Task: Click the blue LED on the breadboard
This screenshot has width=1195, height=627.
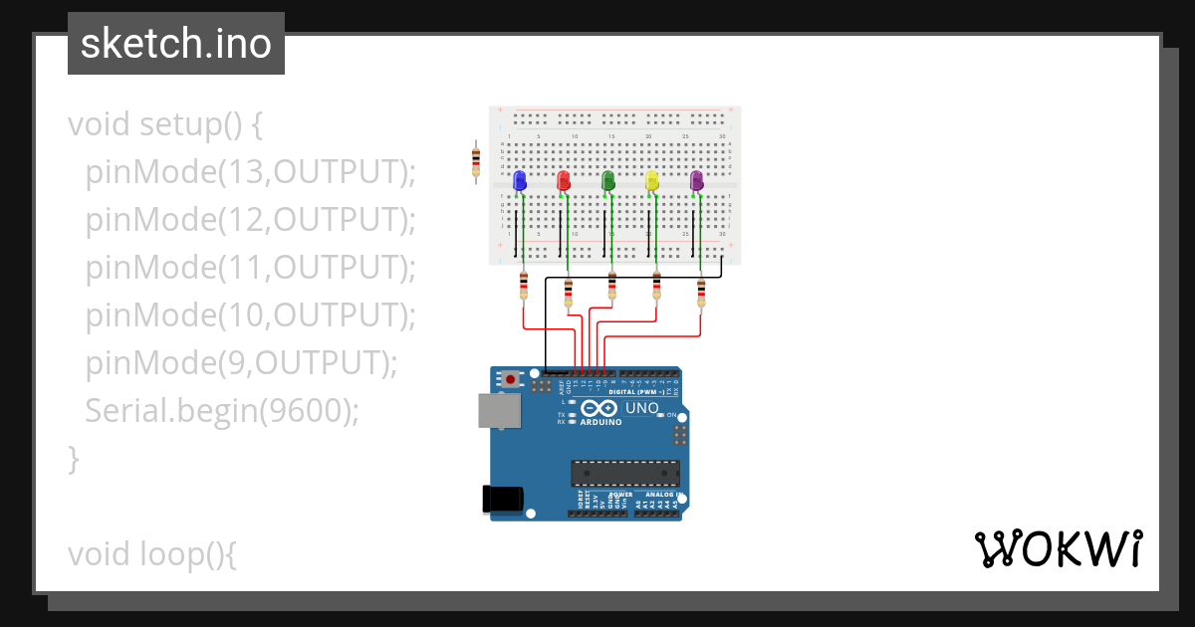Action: pos(519,180)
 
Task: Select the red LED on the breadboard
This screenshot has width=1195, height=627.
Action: pos(563,180)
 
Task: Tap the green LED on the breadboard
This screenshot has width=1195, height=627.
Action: pos(607,180)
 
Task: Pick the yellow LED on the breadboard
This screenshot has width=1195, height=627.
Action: pos(651,180)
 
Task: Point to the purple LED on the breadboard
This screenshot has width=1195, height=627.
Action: pos(696,180)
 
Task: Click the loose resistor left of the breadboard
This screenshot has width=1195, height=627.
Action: pos(476,159)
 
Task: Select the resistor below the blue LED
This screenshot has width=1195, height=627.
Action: pos(524,289)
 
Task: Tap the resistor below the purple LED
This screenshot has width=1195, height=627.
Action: pos(701,291)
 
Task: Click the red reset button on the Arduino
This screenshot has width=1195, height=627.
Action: pos(511,379)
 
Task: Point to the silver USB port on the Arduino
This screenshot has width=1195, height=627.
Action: pos(499,410)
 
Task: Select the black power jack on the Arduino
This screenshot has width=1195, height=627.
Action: pos(502,499)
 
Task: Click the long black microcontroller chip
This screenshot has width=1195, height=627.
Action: pos(624,474)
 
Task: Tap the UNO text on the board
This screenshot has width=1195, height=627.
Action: pos(641,408)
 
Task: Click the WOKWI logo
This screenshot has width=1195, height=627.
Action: pos(1058,548)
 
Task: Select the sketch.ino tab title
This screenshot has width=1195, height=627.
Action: pos(175,44)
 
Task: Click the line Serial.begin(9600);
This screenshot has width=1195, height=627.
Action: pos(222,410)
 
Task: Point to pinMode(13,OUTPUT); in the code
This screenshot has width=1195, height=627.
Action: pos(250,172)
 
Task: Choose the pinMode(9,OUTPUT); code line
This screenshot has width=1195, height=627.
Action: pos(241,362)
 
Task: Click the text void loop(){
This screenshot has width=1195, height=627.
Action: pos(151,553)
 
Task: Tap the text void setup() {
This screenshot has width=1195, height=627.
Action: pos(164,124)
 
